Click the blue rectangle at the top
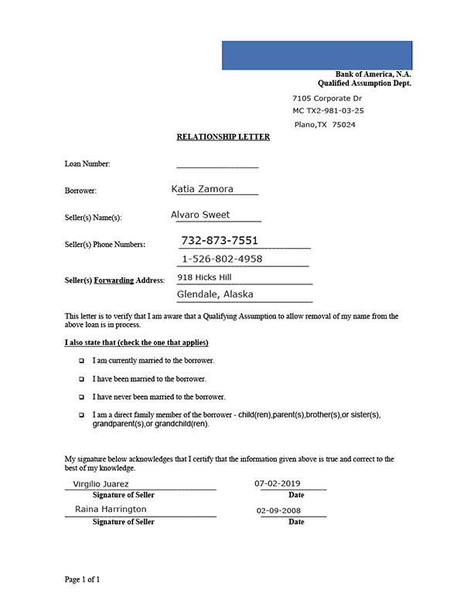(317, 55)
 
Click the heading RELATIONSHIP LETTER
(223, 137)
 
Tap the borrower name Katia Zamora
(202, 188)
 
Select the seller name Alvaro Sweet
(200, 215)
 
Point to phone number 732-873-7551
(220, 240)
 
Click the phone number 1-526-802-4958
(222, 259)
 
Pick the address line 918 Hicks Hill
(204, 277)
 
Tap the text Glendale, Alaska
(215, 294)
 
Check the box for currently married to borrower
(81, 361)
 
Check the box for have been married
(81, 380)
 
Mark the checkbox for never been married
(81, 397)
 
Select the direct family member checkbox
(81, 415)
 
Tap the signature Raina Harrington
(111, 509)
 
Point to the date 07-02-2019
(278, 484)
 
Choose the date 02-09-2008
(278, 510)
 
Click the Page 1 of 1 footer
(82, 579)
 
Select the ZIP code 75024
(343, 125)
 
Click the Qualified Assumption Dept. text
(364, 83)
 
